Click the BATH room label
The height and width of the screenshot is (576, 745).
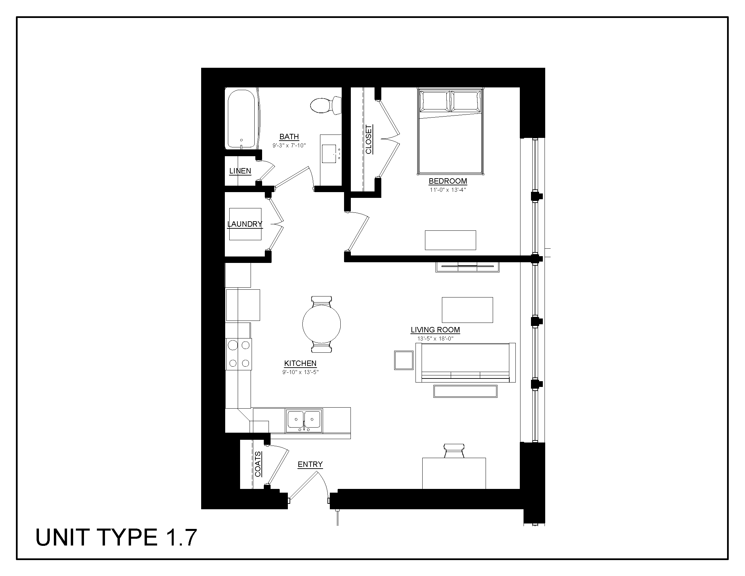click(x=289, y=137)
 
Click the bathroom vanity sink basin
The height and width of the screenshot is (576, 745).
click(x=329, y=153)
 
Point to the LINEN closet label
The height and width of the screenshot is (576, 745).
click(x=240, y=171)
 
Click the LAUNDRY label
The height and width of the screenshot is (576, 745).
click(x=244, y=224)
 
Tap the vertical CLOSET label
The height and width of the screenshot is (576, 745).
click(x=368, y=139)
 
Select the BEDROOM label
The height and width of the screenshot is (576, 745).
click(x=448, y=181)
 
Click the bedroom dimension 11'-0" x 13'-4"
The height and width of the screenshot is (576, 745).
click(x=448, y=190)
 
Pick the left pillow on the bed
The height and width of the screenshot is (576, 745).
click(x=434, y=100)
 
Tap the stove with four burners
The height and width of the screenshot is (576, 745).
click(x=239, y=354)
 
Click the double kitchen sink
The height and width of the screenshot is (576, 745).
click(x=304, y=420)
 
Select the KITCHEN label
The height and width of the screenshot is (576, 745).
click(x=300, y=364)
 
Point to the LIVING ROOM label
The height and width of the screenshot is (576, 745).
click(x=435, y=330)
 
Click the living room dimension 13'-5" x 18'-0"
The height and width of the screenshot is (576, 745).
click(x=435, y=339)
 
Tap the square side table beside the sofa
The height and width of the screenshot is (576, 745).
click(x=404, y=360)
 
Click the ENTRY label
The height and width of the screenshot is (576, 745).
click(x=310, y=465)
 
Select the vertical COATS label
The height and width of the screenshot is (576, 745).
click(x=258, y=464)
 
